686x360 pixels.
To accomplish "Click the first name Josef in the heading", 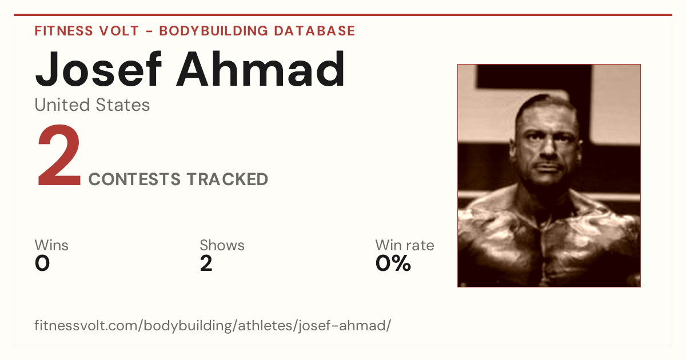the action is tap(98, 70).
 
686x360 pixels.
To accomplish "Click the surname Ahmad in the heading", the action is tap(261, 69).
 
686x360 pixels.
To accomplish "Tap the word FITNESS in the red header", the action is tap(63, 31).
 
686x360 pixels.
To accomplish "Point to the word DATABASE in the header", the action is tap(314, 31).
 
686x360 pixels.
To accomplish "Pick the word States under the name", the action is tap(123, 105).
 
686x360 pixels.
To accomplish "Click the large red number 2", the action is tap(59, 155).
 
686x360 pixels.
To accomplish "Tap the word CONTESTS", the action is tap(134, 179).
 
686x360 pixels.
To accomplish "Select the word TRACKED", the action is tap(228, 179).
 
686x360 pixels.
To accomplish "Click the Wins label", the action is tap(51, 245).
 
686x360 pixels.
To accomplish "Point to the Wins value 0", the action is tap(42, 263).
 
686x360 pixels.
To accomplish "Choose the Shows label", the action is tap(222, 245).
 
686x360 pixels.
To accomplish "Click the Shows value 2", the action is tap(206, 263).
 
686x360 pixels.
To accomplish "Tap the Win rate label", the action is tap(405, 245).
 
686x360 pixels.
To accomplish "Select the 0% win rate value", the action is tap(393, 263).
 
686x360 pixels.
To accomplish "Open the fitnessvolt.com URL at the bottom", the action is tap(213, 326).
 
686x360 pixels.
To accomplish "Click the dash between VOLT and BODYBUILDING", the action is tap(149, 31).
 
